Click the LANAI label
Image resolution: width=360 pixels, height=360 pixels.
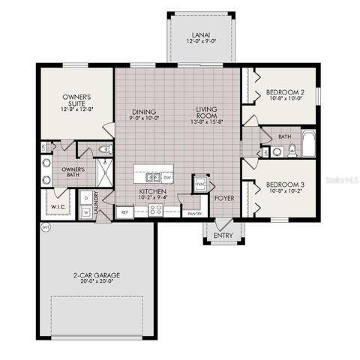coord(199,34)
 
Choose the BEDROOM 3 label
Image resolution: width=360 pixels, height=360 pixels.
coord(284,184)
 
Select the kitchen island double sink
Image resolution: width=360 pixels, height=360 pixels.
coord(152,178)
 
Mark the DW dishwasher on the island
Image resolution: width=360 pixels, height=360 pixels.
coord(167,178)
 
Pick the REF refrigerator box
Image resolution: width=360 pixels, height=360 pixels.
coord(125,212)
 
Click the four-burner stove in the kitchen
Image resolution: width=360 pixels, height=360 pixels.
coord(157,211)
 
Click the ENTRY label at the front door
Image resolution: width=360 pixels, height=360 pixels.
coord(223,235)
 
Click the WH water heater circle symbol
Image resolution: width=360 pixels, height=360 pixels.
coord(45,227)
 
